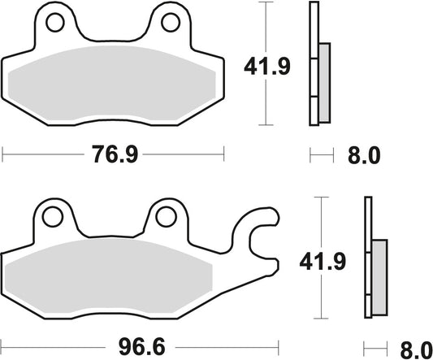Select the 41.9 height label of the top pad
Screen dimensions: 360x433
pos(262,64)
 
